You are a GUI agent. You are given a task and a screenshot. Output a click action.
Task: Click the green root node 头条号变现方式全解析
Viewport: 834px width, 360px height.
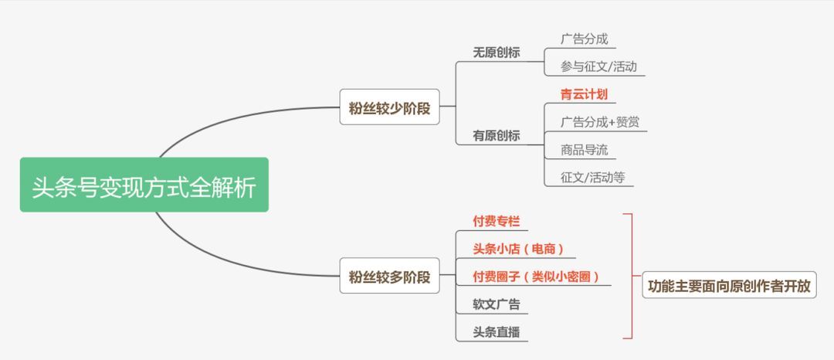pyautogui.click(x=144, y=185)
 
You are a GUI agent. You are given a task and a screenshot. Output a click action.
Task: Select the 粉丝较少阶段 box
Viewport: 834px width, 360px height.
pyautogui.click(x=389, y=107)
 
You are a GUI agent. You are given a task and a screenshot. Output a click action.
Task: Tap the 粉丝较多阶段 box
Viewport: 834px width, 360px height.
pyautogui.click(x=389, y=276)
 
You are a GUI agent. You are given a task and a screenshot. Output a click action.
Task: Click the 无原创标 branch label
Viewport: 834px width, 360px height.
pyautogui.click(x=497, y=53)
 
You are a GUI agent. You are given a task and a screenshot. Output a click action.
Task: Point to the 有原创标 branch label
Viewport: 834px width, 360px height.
pyautogui.click(x=497, y=135)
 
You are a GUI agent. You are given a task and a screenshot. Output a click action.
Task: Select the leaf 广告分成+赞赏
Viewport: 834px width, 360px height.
pyautogui.click(x=600, y=121)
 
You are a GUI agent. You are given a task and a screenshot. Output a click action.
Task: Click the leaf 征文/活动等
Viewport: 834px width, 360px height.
pyautogui.click(x=593, y=177)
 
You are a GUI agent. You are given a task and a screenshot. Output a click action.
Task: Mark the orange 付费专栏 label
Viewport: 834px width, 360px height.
pyautogui.click(x=497, y=221)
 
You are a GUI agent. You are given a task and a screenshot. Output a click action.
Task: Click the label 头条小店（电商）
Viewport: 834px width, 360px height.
pyautogui.click(x=519, y=249)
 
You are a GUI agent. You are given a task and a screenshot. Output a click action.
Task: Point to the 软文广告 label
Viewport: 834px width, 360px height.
pyautogui.click(x=497, y=304)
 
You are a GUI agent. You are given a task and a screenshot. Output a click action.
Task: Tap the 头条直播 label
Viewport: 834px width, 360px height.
pyautogui.click(x=497, y=331)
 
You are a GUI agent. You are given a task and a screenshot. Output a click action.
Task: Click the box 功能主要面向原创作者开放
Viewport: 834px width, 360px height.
pyautogui.click(x=729, y=285)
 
